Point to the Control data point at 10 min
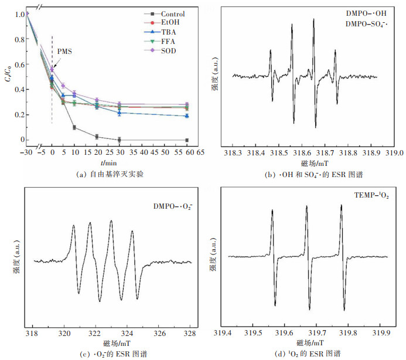coord(74,127)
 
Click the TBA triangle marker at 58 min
coord(187,116)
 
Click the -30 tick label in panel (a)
coord(25,151)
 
